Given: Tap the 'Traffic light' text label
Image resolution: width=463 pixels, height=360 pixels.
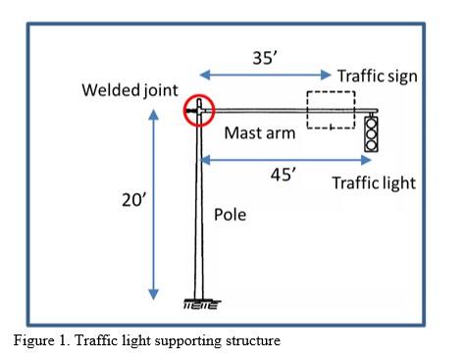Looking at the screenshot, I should pos(374,182).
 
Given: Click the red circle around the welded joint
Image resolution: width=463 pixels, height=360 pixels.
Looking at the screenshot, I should pos(198,110).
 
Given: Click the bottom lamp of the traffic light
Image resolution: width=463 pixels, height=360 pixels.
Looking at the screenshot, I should pos(371,144).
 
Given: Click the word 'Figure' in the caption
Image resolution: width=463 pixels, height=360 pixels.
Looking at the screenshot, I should pos(31,339).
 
